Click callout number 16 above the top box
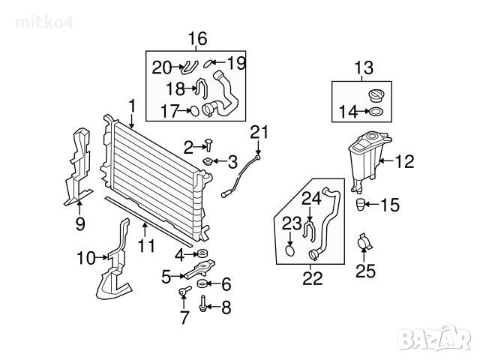point(196,38)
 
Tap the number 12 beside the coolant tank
point(404,160)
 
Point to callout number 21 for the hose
point(259,133)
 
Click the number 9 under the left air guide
point(81,223)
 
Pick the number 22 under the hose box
point(312,278)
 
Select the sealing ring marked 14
point(374,112)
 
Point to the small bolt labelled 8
point(202,305)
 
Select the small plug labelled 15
point(360,204)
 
